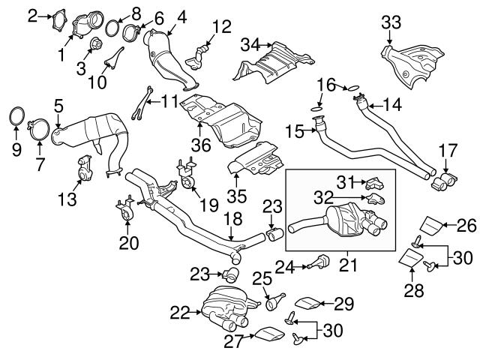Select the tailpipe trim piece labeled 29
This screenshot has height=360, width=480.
(307, 302)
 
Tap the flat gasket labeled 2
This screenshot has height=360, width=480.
(58, 17)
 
